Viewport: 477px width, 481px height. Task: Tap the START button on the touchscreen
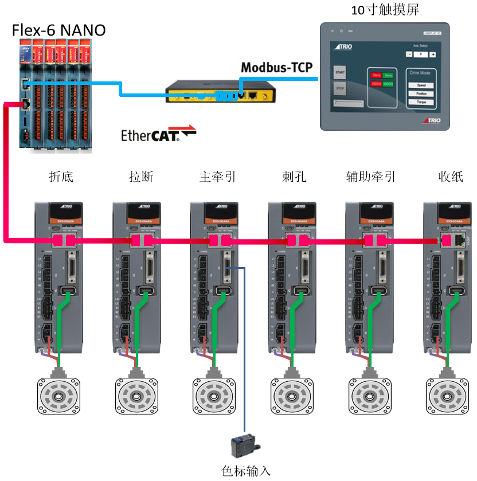click(x=339, y=72)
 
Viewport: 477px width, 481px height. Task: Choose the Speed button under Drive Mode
click(x=421, y=85)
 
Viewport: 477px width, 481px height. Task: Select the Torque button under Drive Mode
click(x=421, y=102)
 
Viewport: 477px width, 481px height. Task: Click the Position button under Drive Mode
click(x=421, y=93)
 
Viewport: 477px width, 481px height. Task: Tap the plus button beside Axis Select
click(x=433, y=54)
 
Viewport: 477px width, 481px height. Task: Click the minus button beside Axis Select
click(x=409, y=54)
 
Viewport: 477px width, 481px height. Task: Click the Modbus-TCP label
click(x=277, y=68)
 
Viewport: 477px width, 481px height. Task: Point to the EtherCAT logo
click(x=158, y=134)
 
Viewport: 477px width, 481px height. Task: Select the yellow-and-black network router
click(x=220, y=92)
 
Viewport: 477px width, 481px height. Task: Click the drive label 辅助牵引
click(x=371, y=177)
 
